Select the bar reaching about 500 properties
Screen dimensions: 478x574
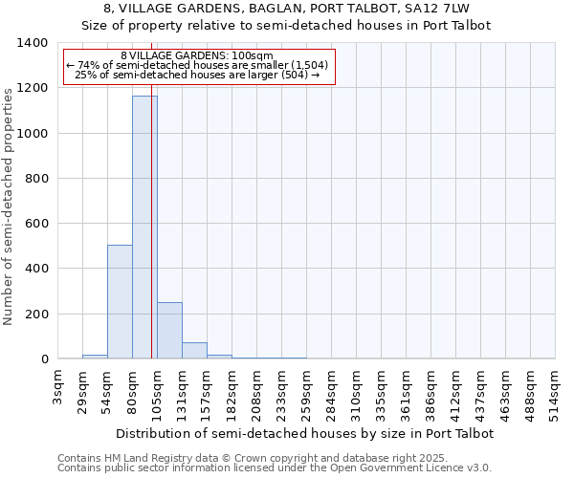pyautogui.click(x=120, y=301)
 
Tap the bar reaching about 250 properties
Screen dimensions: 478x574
pyautogui.click(x=169, y=331)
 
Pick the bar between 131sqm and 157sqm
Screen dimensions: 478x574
pyautogui.click(x=194, y=351)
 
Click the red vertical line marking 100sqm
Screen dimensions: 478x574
pyautogui.click(x=151, y=220)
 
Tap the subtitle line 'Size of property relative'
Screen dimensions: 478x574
pyautogui.click(x=286, y=26)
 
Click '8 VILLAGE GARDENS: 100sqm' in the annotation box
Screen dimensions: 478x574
pyautogui.click(x=198, y=55)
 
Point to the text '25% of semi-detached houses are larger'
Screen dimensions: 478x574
pyautogui.click(x=197, y=75)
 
